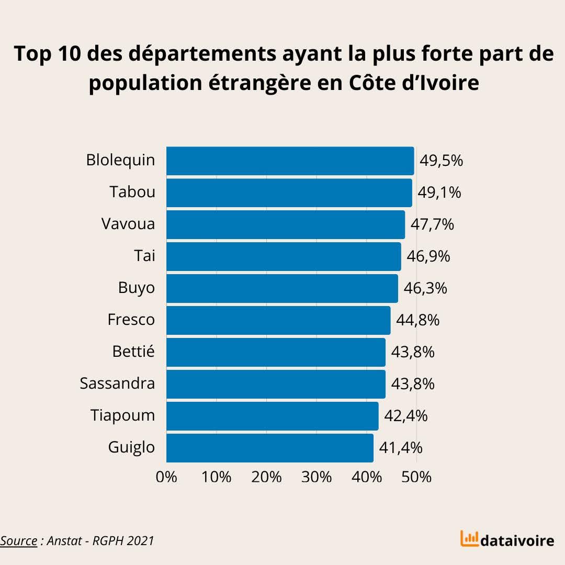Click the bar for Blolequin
[x=290, y=161]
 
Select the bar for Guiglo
[x=270, y=448]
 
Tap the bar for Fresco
[x=278, y=320]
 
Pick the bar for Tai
[x=284, y=256]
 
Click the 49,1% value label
[x=439, y=193]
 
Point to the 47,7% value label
[x=432, y=224]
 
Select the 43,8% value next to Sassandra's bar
[x=413, y=384]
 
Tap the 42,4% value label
[x=405, y=416]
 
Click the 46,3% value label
[x=425, y=288]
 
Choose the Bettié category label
[x=133, y=352]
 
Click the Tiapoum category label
[x=122, y=415]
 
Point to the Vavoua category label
[x=128, y=224]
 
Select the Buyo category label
[x=137, y=288]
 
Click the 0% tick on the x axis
[x=167, y=477]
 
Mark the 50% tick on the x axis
[x=417, y=477]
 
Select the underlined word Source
[x=19, y=540]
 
